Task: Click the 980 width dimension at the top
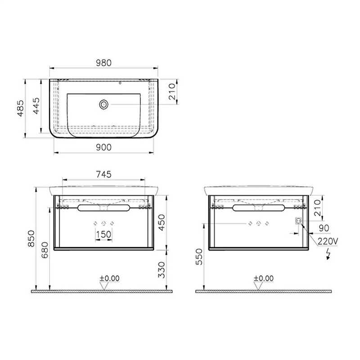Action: click(104, 63)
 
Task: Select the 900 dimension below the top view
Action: click(104, 148)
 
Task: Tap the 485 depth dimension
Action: click(21, 108)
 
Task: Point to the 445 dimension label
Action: click(36, 106)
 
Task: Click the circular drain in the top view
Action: click(104, 105)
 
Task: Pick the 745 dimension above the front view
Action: click(104, 175)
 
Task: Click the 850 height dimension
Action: click(31, 239)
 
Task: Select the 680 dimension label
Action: click(45, 250)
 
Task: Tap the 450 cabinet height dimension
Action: click(162, 222)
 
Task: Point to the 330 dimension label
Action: click(162, 270)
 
